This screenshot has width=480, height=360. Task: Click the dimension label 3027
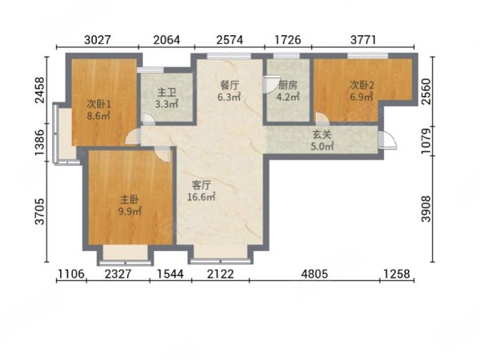tap(97, 40)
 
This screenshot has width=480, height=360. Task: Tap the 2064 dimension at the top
tap(166, 40)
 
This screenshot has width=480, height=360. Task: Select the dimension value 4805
tap(314, 274)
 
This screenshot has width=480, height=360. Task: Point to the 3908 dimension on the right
tap(426, 209)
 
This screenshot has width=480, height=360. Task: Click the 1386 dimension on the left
tap(40, 142)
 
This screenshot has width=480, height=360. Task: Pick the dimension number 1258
tap(397, 274)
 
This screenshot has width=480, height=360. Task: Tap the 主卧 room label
tap(130, 200)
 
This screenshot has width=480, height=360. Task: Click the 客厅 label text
tap(201, 186)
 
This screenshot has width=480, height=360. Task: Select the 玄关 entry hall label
tap(322, 135)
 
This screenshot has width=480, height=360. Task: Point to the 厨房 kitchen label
tap(287, 86)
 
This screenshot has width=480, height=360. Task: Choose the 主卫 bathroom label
tap(166, 93)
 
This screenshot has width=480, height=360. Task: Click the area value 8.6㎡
tap(98, 116)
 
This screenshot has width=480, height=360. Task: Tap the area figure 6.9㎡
tap(362, 97)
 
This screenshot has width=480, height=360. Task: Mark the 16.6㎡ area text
tap(201, 197)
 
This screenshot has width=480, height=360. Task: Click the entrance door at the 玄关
tap(387, 140)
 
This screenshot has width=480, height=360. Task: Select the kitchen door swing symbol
tap(270, 84)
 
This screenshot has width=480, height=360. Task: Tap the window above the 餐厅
tap(229, 56)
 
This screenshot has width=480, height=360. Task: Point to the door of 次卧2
tap(321, 118)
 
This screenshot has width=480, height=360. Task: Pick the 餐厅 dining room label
tap(229, 86)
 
